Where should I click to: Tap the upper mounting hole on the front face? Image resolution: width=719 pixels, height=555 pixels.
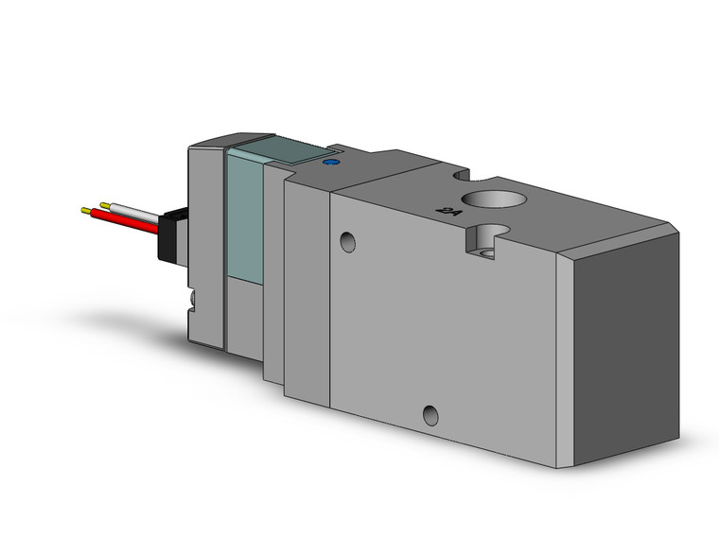(349, 242)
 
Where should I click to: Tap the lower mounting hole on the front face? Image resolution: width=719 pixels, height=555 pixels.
(431, 413)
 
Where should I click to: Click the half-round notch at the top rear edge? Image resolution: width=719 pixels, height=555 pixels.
(459, 174)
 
